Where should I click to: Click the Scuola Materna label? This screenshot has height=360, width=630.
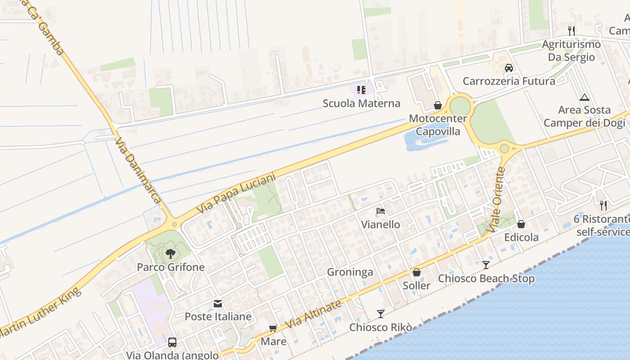click(361, 103)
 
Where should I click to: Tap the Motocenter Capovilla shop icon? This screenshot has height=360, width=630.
click(437, 106)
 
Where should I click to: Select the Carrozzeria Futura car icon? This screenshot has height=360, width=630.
click(509, 68)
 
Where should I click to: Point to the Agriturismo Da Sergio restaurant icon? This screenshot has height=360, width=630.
click(571, 31)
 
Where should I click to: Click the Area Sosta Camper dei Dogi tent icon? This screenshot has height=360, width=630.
click(584, 97)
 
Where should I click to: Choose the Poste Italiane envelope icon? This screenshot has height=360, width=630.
click(218, 304)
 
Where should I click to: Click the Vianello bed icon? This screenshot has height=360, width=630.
click(381, 211)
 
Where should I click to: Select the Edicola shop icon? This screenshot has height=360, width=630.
click(521, 224)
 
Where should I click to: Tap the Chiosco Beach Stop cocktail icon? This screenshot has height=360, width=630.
click(486, 265)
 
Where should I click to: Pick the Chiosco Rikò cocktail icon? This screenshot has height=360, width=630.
click(381, 314)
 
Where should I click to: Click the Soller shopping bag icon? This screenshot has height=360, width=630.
click(417, 272)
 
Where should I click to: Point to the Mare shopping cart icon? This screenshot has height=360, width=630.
click(273, 328)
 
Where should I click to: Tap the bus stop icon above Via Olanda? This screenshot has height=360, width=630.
click(172, 342)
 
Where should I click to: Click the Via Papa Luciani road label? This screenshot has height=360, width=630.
click(236, 194)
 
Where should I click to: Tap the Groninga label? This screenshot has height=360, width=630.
click(350, 272)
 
